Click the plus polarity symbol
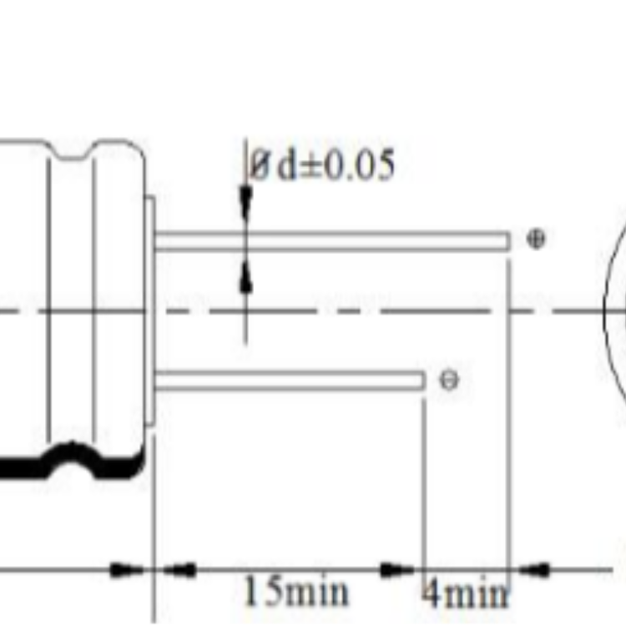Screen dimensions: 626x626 point(535,240)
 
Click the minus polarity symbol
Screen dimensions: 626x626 point(449,380)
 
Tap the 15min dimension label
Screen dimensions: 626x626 point(295,591)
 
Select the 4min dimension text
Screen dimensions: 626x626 point(466,592)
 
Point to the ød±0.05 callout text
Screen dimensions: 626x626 point(322,164)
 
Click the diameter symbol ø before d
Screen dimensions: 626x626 point(260,165)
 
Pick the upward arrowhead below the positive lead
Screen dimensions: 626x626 point(246,276)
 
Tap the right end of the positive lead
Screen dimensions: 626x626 point(509,240)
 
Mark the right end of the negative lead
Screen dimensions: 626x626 point(423,380)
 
